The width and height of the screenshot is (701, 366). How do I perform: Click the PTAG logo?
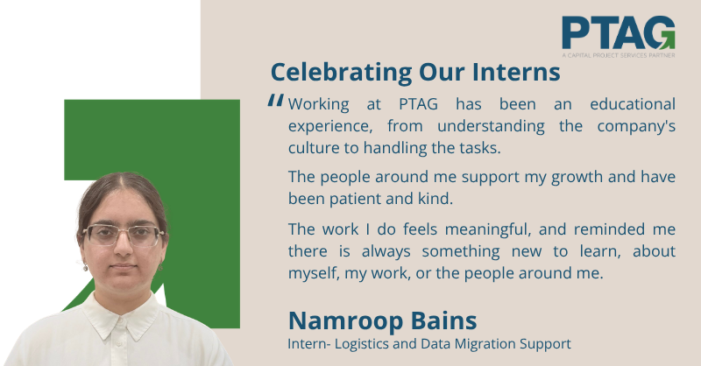coord(619,37)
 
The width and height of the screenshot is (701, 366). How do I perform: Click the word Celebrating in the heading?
coord(341,73)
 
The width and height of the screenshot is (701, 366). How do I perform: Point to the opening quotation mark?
coord(276,100)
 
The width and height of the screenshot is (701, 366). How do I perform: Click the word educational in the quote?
coord(633,104)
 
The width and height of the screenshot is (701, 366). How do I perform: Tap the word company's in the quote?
coord(636,126)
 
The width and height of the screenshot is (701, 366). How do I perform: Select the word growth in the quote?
coord(577,178)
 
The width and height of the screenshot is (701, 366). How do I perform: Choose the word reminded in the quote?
coord(606,229)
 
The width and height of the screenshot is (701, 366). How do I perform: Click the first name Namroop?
coord(345,321)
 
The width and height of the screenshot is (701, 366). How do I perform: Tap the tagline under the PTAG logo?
coord(619,55)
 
